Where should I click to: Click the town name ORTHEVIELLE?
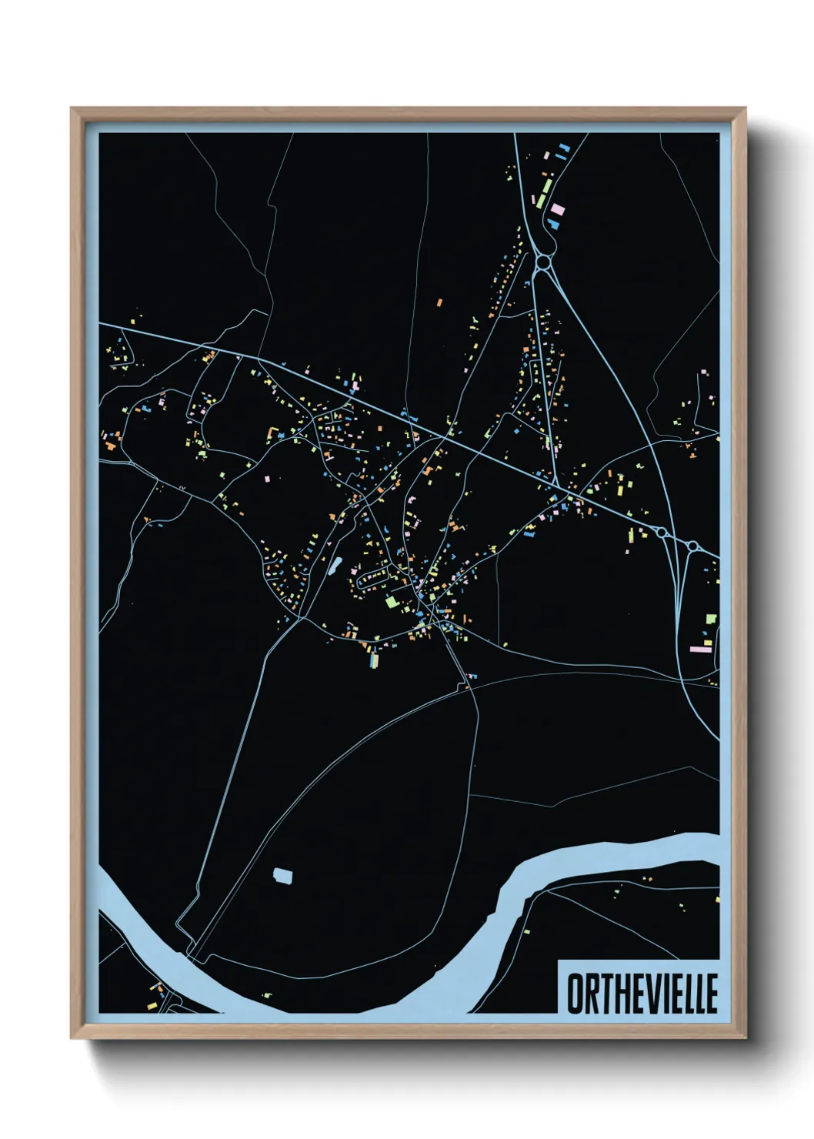[642, 993]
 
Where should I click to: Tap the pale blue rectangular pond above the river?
[283, 875]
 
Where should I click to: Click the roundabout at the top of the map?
[544, 262]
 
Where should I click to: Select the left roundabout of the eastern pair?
[662, 533]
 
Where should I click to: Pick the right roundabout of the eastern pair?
[692, 546]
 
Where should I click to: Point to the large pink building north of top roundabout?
[557, 208]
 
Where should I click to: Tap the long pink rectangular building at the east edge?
[700, 650]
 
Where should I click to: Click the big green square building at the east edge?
[711, 619]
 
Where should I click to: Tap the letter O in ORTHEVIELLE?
[575, 994]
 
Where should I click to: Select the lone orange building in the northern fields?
[439, 303]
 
